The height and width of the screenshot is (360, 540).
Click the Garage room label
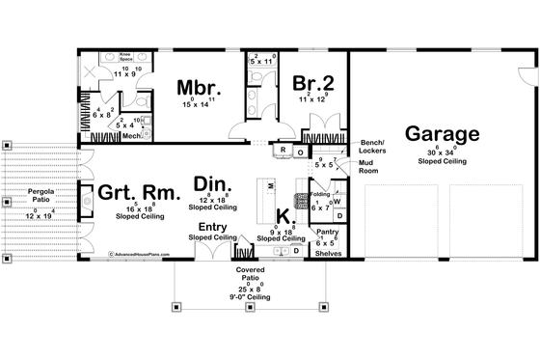click(442, 133)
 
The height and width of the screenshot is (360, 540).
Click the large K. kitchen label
click(286, 216)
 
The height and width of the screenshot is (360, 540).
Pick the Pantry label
click(327, 233)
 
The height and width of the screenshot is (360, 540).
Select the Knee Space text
click(125, 57)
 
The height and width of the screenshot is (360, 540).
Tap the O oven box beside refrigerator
click(300, 152)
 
